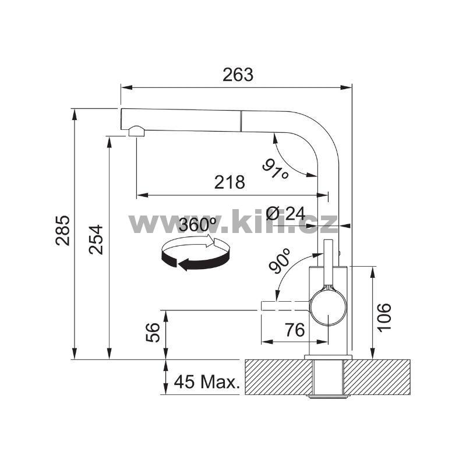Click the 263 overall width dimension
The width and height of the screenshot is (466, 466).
tap(238, 75)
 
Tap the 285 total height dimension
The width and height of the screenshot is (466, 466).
tap(63, 230)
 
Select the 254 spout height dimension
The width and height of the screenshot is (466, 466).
tap(96, 239)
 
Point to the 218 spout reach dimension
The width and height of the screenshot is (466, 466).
tap(230, 182)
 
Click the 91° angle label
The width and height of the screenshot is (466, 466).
tap(275, 169)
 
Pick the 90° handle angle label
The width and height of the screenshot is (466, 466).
tap(280, 261)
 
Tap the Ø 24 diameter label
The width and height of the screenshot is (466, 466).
tap(285, 213)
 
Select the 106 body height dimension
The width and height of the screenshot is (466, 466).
tap(384, 316)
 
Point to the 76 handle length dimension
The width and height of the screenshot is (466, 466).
tap(295, 330)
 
